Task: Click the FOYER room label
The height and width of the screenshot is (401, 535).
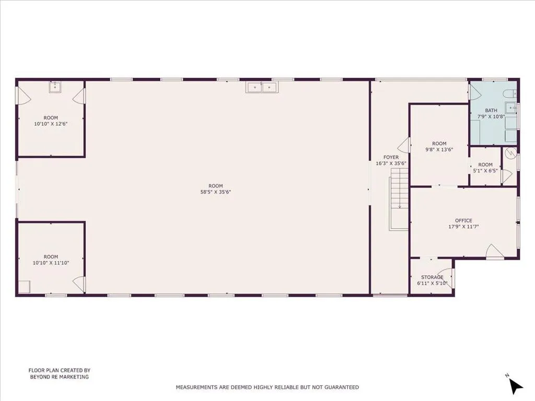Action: tap(391, 157)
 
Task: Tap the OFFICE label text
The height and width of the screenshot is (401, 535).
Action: tap(463, 220)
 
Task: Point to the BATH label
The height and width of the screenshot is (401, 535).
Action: tap(491, 110)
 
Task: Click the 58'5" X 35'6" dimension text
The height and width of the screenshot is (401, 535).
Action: tap(216, 192)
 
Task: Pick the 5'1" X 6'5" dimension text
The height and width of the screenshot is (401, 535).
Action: tap(485, 171)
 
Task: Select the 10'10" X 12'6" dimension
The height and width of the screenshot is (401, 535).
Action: tap(51, 124)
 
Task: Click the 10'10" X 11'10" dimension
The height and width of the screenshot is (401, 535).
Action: tap(51, 263)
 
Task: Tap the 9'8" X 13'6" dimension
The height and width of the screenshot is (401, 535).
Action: tap(439, 149)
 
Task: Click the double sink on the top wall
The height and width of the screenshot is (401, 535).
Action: tap(261, 87)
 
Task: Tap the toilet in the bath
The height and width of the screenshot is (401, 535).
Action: tap(509, 94)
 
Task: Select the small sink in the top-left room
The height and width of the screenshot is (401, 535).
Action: tap(55, 87)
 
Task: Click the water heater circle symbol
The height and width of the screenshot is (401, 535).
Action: tap(511, 154)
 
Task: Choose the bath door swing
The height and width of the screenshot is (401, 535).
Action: tap(474, 92)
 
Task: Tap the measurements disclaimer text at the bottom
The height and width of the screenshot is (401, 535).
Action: tap(267, 387)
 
